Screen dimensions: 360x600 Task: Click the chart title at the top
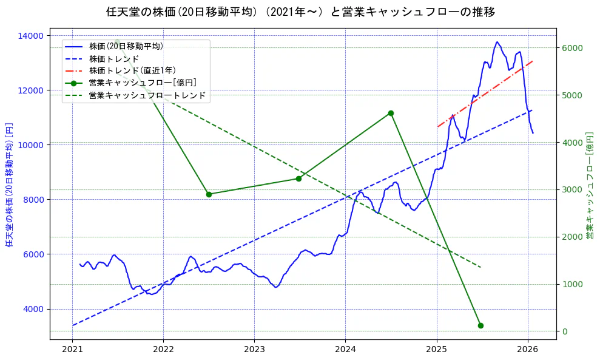point(300,12)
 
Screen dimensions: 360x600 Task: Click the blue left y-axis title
point(9,183)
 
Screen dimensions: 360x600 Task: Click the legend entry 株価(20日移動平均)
point(126,46)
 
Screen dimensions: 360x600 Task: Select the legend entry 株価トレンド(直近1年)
point(132,70)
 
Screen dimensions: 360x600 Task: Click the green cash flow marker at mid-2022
point(209,194)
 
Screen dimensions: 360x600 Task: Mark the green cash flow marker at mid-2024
point(391,113)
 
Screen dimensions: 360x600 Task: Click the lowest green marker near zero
point(480,325)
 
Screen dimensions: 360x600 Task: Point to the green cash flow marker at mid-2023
point(298,178)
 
